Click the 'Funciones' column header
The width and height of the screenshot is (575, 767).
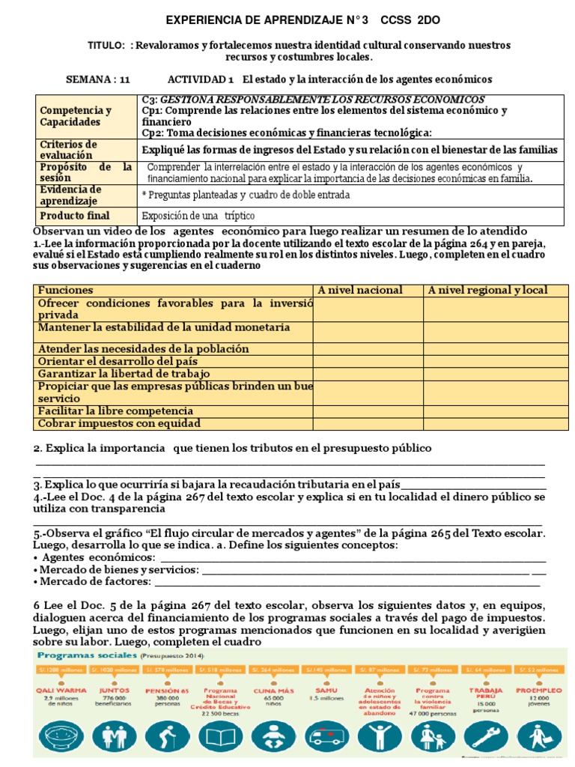pyautogui.click(x=66, y=290)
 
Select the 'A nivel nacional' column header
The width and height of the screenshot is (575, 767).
pyautogui.click(x=360, y=290)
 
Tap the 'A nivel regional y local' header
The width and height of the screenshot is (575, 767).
pyautogui.click(x=487, y=290)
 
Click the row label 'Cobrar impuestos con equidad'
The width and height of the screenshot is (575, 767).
pyautogui.click(x=120, y=423)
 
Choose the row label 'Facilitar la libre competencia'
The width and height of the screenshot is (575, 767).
pyautogui.click(x=115, y=410)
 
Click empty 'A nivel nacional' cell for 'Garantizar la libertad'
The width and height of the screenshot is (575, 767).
pyautogui.click(x=368, y=373)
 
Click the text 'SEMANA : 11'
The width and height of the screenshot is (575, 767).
pyautogui.click(x=98, y=79)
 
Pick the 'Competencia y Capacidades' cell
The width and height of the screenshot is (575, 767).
pyautogui.click(x=76, y=116)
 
